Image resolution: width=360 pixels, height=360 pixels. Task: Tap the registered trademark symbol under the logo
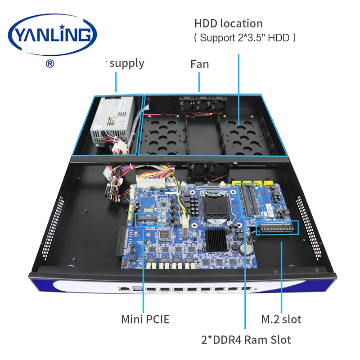(x=50, y=63)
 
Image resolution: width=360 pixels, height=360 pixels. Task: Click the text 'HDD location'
(x=228, y=23)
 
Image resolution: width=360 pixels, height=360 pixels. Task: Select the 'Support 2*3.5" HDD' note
(x=245, y=38)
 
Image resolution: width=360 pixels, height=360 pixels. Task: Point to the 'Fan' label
(x=199, y=64)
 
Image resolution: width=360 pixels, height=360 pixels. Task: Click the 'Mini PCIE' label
(x=145, y=319)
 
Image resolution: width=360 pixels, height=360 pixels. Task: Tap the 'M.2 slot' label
(x=281, y=319)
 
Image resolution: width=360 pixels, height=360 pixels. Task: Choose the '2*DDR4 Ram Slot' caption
(x=246, y=340)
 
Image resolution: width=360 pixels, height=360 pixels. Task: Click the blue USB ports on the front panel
(x=136, y=288)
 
